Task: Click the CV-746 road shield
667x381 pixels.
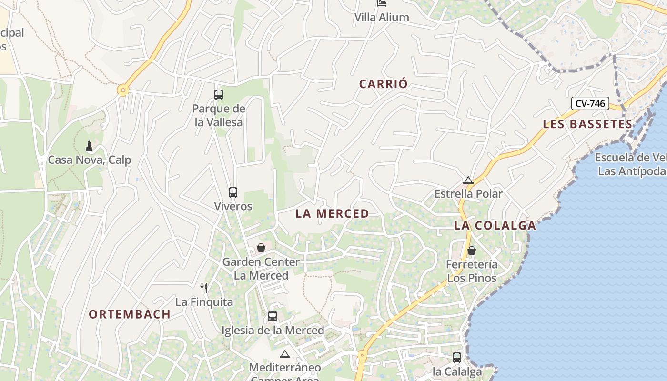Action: [590, 103]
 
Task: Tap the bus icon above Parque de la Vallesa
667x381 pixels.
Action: [219, 94]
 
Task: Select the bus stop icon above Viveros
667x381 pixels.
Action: [233, 192]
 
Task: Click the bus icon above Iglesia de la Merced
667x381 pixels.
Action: [273, 316]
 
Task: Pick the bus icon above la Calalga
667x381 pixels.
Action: [457, 357]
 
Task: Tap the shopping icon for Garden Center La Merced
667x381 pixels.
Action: [261, 248]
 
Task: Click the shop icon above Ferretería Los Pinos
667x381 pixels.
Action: [472, 251]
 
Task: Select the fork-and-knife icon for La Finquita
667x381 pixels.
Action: [204, 288]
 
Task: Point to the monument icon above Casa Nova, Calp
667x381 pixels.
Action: [89, 146]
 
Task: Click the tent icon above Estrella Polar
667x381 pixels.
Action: [468, 180]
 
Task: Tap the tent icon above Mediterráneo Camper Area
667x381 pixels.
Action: [285, 354]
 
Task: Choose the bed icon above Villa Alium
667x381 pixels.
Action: [382, 3]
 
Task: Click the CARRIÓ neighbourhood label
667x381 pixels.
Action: [384, 84]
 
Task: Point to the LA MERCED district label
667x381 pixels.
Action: [332, 214]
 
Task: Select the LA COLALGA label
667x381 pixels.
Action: [495, 226]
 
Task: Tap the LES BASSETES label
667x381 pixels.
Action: [587, 124]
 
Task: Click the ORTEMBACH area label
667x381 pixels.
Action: [130, 314]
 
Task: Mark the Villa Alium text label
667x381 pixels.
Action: [382, 18]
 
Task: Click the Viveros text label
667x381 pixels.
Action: [233, 207]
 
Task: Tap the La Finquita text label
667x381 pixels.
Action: [204, 302]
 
